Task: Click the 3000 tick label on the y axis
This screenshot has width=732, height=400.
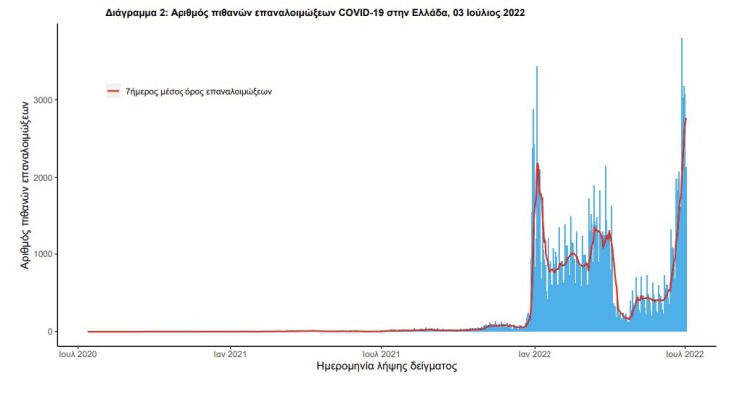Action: coord(41,100)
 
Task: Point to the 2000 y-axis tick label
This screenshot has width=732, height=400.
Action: coord(41,178)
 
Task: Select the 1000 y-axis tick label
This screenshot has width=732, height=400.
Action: coord(41,254)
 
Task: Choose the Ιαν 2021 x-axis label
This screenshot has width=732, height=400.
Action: coord(230,353)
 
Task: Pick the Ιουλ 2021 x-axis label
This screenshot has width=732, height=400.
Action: coord(381,353)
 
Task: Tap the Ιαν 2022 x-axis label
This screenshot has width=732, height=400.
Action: coord(536,353)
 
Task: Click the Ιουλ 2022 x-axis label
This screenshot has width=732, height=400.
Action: coord(684,353)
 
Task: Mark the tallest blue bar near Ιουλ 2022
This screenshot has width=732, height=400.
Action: coord(681,39)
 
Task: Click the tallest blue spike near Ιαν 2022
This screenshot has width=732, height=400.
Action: coord(537,67)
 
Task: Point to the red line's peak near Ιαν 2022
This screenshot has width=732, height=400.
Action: coord(537,164)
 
